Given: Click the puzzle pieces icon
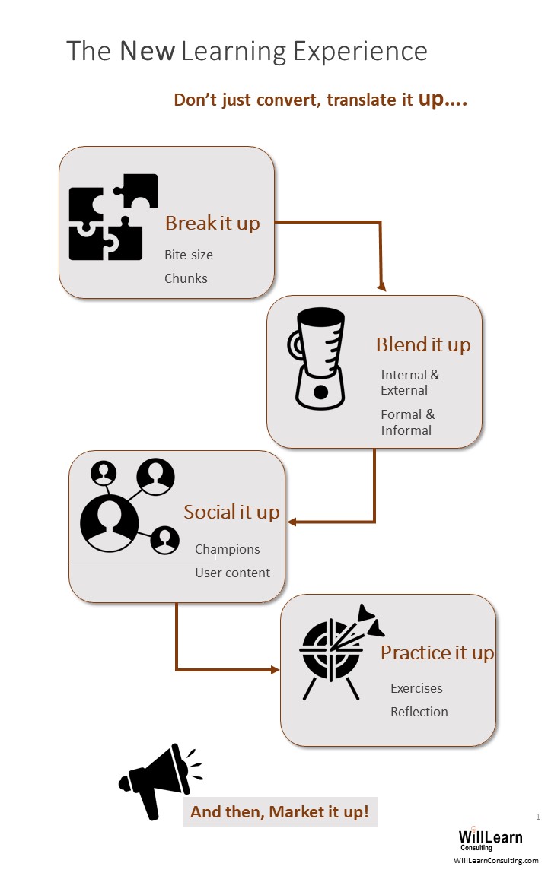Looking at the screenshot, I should click(x=113, y=217).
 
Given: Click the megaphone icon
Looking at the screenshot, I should click(x=158, y=780).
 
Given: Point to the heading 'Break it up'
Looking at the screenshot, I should click(x=212, y=224).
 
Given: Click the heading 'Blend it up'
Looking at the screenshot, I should click(x=423, y=344).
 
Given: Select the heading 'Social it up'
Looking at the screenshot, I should click(x=231, y=512).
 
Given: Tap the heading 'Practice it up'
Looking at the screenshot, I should click(x=437, y=652).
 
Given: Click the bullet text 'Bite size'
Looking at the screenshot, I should click(x=189, y=255).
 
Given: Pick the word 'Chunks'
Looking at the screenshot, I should click(x=186, y=278).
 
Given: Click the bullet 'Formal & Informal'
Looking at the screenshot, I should click(x=407, y=422).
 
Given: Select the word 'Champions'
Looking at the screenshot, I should click(x=227, y=549).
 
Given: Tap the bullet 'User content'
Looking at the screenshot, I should click(x=232, y=573).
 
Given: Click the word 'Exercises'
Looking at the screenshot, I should click(x=416, y=688).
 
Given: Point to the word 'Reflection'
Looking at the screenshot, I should click(x=419, y=712).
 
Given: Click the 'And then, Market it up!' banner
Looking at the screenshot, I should click(x=279, y=811).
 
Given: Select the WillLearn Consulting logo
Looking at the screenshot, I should click(x=489, y=839).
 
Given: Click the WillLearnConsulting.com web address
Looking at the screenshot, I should click(x=495, y=860).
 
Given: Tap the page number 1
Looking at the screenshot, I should click(x=538, y=817).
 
